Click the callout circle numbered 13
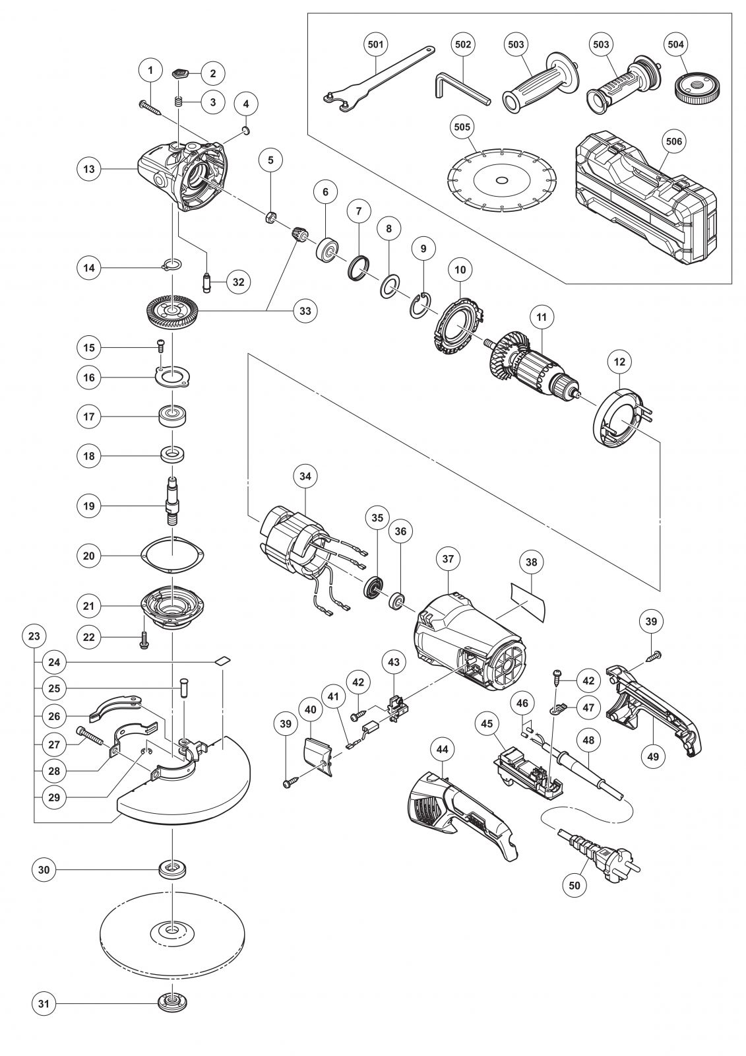coord(89,169)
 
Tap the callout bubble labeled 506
coord(674,141)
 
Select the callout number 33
coord(305,311)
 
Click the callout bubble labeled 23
coord(34,636)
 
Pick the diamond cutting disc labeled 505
coord(500,181)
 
